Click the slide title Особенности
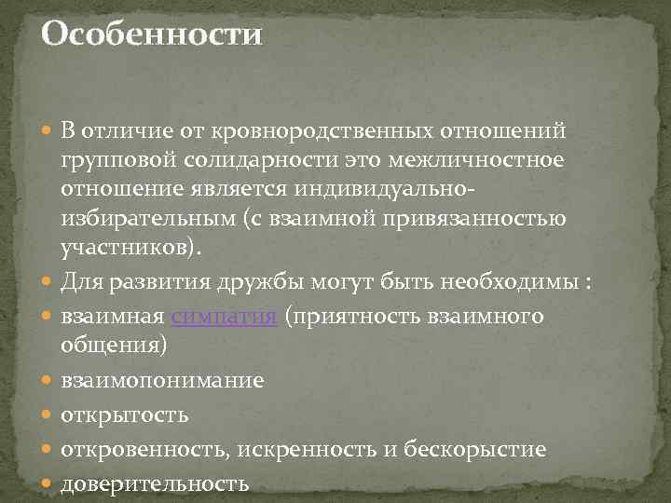click(153, 35)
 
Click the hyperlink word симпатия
click(224, 317)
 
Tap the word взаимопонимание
click(162, 380)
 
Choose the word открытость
click(125, 415)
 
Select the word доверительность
click(155, 483)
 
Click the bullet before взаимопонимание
click(48, 380)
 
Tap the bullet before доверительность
click(48, 483)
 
